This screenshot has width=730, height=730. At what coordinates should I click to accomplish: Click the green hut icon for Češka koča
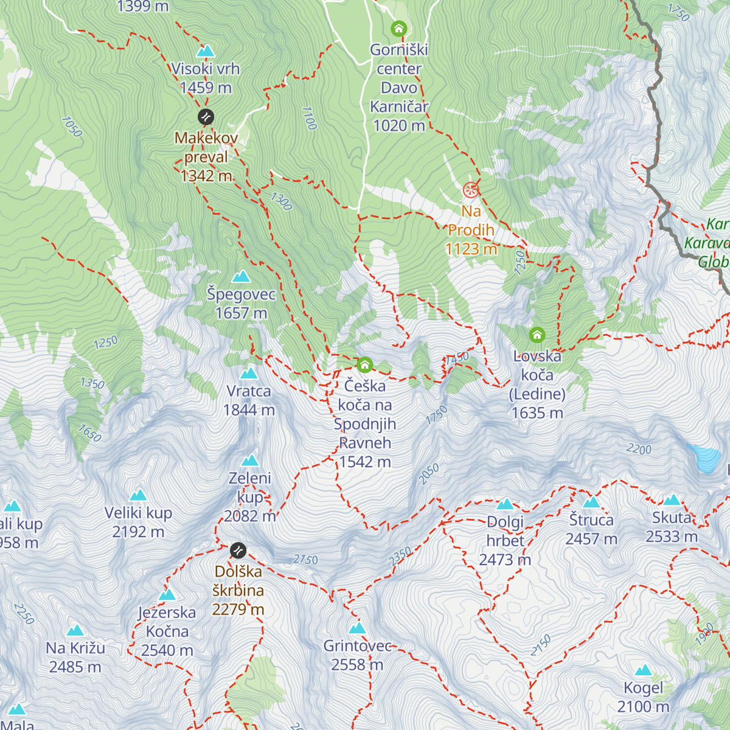[364, 364]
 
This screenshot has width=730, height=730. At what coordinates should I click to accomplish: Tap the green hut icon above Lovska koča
[537, 335]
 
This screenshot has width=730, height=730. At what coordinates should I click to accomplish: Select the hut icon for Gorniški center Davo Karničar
[398, 29]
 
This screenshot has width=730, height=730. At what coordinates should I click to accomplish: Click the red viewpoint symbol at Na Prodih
[471, 190]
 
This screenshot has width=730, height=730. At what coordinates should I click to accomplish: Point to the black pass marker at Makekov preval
[206, 117]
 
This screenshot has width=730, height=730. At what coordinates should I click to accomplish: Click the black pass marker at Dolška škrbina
[238, 551]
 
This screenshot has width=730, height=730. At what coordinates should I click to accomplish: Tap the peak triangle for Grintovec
[357, 628]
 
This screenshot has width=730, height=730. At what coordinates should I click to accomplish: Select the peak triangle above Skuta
[672, 500]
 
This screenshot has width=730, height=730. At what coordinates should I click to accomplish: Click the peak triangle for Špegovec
[241, 277]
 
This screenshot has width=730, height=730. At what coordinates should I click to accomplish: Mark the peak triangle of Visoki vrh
[206, 50]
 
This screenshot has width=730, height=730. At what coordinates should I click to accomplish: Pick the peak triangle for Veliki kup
[138, 495]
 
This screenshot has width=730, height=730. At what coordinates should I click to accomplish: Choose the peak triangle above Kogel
[643, 670]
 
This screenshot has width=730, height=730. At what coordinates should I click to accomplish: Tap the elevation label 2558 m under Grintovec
[357, 665]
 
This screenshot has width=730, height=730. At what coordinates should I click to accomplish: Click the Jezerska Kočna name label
[167, 622]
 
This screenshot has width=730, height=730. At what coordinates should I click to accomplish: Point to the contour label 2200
[639, 449]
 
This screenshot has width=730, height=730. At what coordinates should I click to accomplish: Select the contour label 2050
[429, 473]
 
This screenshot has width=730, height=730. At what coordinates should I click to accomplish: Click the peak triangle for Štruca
[591, 502]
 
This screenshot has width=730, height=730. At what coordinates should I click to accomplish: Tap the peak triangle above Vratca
[249, 374]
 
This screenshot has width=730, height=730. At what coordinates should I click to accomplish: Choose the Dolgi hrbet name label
[505, 531]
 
